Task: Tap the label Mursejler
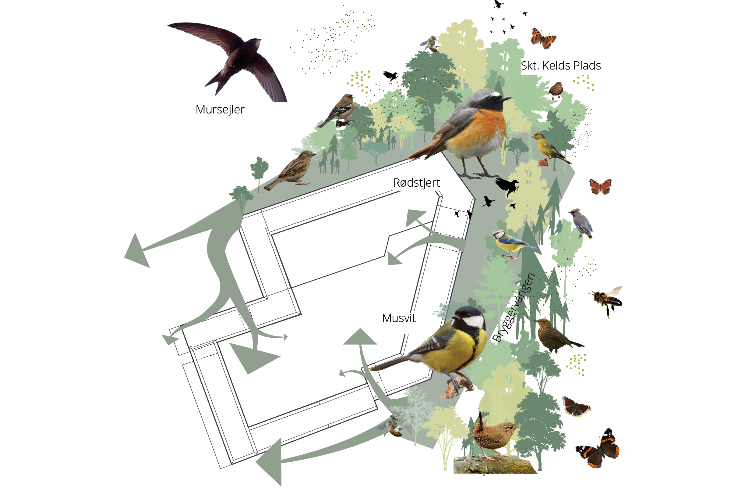coord(220,109)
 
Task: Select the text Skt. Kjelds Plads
coord(561,66)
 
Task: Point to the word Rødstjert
coord(416,183)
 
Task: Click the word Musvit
coord(399,318)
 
